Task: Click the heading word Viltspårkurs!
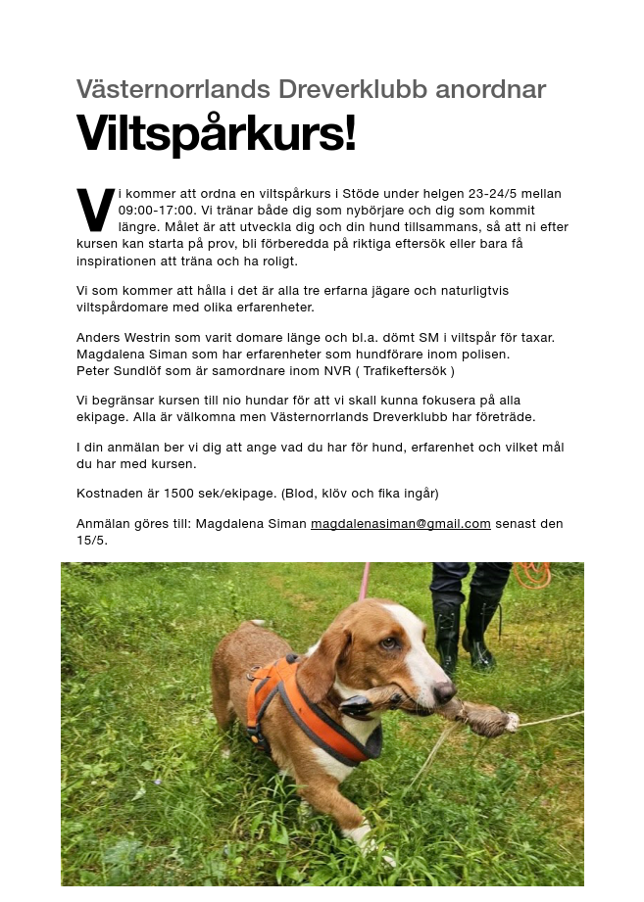pyautogui.click(x=216, y=134)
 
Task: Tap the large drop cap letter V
pyautogui.click(x=95, y=209)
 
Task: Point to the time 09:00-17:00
pyautogui.click(x=157, y=211)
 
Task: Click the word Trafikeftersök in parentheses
pyautogui.click(x=405, y=371)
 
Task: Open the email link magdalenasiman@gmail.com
pyautogui.click(x=400, y=524)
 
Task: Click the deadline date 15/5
pyautogui.click(x=91, y=540)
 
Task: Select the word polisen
pyautogui.click(x=486, y=355)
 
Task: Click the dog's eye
pyautogui.click(x=387, y=643)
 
